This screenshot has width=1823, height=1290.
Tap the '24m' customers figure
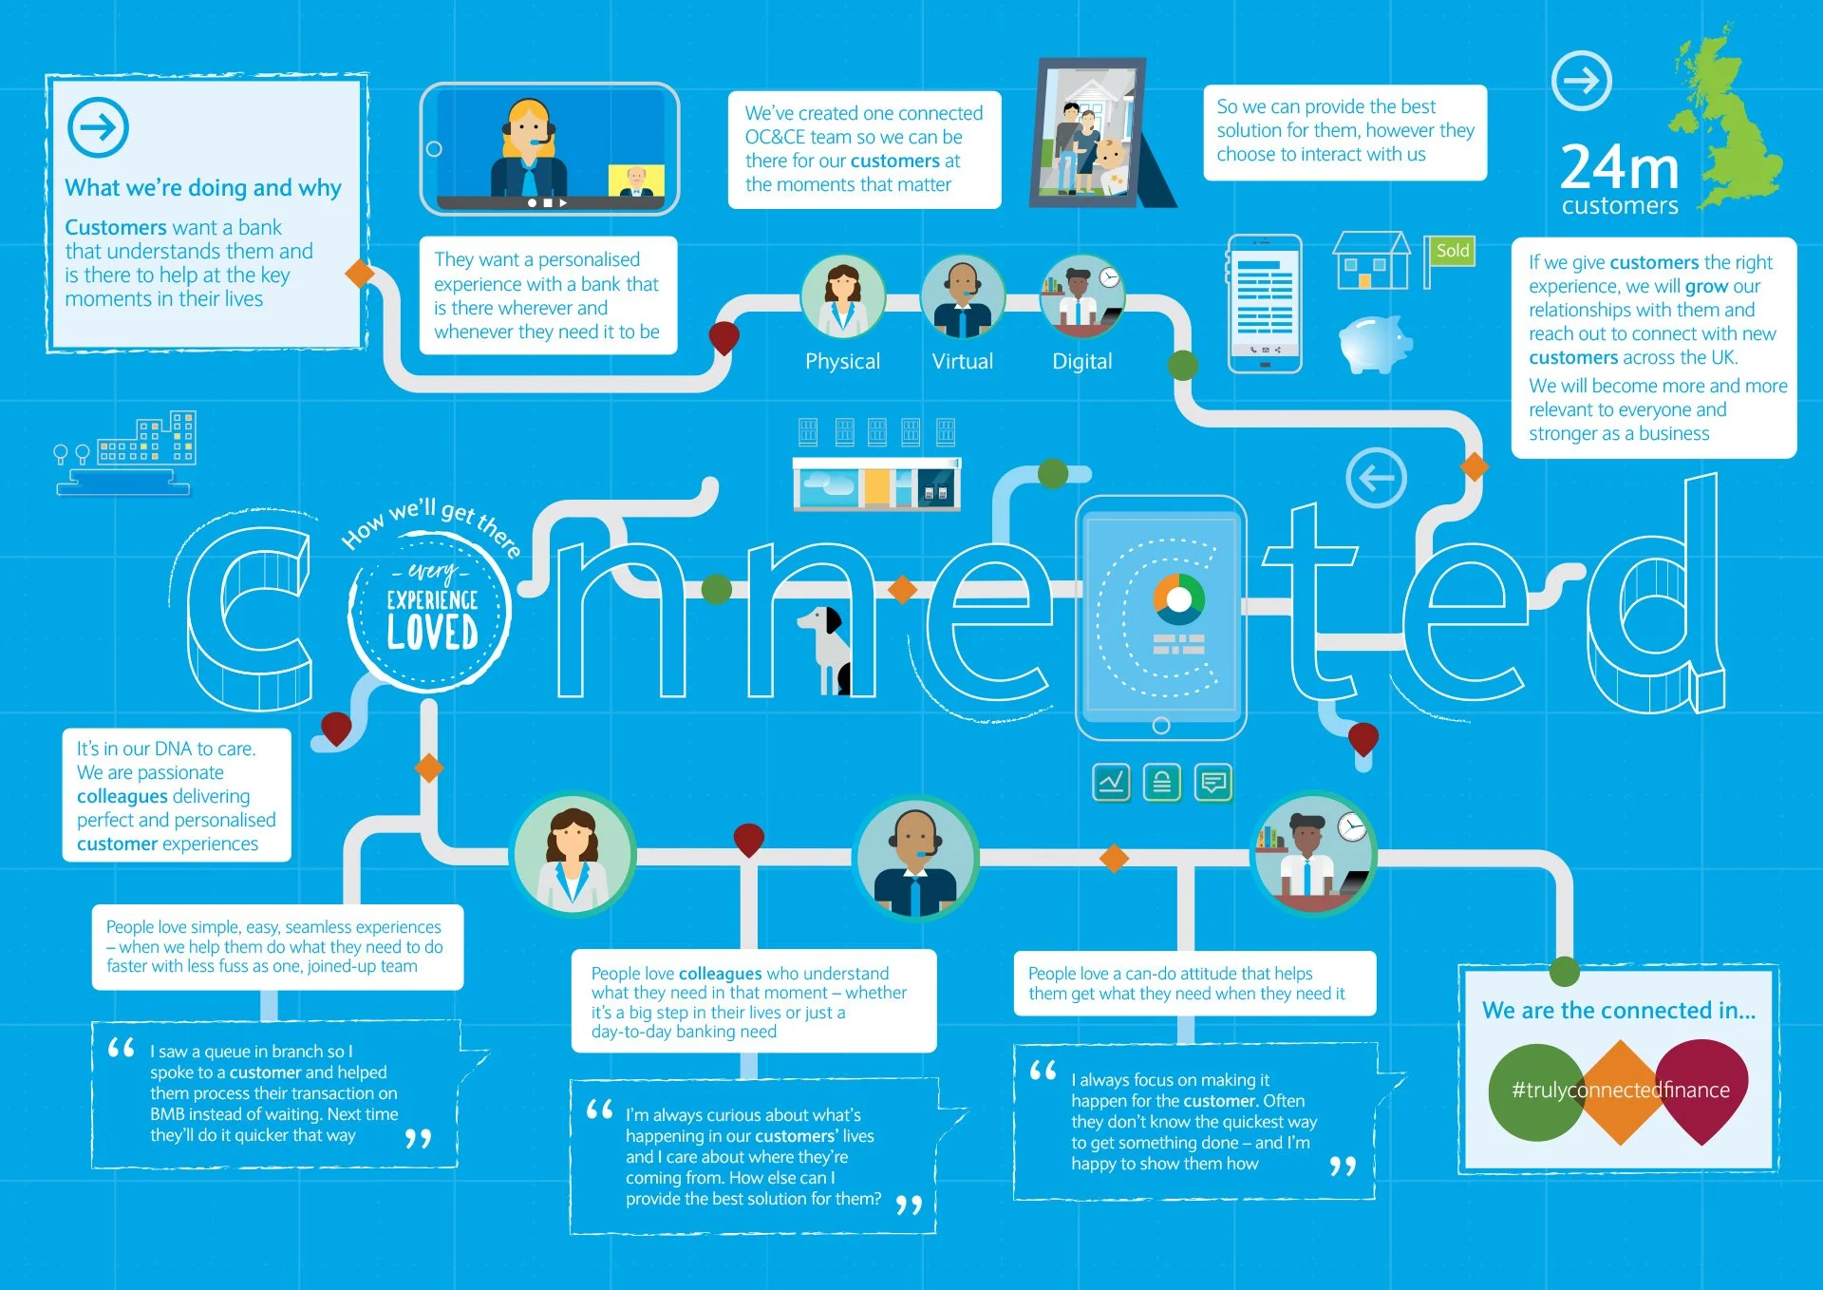(1619, 168)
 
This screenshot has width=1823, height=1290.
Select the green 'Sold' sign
(1452, 251)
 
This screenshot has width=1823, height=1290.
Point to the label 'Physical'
(842, 361)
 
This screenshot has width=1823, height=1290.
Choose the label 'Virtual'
(962, 361)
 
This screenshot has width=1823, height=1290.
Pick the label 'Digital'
(1081, 361)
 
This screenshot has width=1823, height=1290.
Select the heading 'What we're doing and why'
(203, 188)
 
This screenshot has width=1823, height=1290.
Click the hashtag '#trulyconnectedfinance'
(1620, 1090)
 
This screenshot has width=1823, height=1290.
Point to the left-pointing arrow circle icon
(1376, 477)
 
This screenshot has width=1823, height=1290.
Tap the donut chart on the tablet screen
(1178, 599)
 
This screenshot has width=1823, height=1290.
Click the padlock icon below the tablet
(1162, 783)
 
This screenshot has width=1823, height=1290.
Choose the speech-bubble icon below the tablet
(1213, 783)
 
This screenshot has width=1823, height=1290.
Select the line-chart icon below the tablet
(1111, 783)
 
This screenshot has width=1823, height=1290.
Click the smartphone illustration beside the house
(1265, 303)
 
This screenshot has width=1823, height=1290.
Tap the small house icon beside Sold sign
(1370, 261)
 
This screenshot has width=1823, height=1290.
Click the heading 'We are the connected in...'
(1618, 1010)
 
